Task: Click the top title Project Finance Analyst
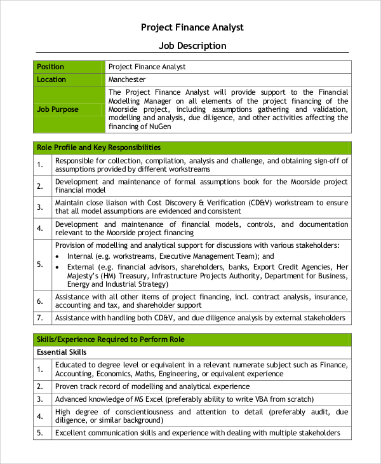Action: point(191,27)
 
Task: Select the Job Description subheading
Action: point(192,46)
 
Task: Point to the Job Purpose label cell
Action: point(58,109)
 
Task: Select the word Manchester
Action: point(127,79)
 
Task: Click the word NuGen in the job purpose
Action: point(159,126)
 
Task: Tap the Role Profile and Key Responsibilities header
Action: point(99,147)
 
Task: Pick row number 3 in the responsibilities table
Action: point(39,207)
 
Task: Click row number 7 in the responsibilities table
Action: point(39,318)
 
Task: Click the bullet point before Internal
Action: point(58,256)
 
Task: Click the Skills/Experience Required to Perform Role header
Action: point(110,340)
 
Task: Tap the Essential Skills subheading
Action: point(62,352)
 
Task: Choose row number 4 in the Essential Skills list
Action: point(39,416)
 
